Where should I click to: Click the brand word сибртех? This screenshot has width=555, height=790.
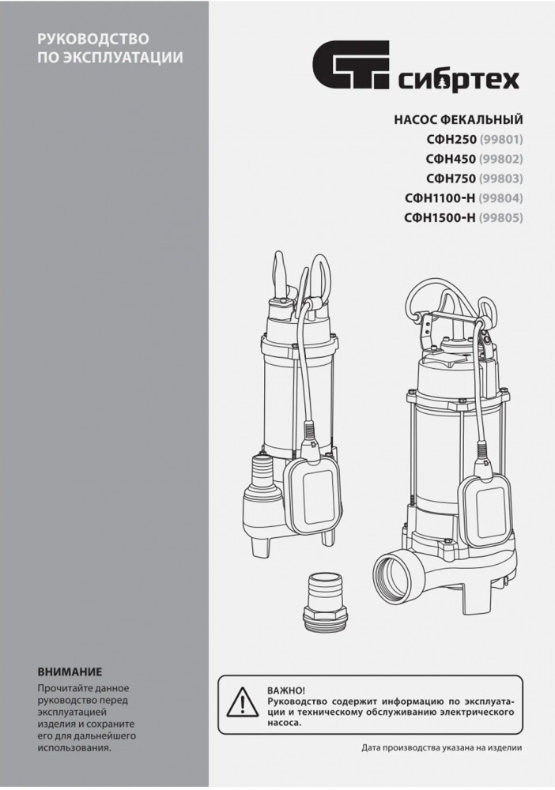[x=459, y=80]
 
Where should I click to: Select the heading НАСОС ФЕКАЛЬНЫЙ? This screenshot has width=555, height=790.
[x=458, y=120]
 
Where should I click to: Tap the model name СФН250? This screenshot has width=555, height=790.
[x=451, y=139]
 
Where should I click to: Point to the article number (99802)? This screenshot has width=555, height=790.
[x=501, y=159]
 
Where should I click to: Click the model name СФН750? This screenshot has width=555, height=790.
[x=451, y=179]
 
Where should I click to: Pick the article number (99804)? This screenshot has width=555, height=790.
[x=501, y=198]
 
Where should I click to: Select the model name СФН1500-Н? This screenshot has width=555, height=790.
[x=440, y=218]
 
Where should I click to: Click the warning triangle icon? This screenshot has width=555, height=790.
[x=243, y=702]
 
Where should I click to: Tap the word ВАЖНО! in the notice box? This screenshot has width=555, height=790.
[x=286, y=690]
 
